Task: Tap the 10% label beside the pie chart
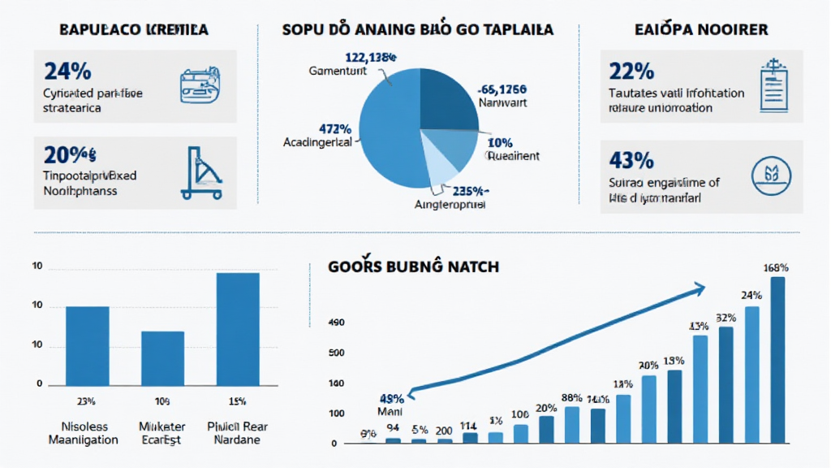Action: (502, 143)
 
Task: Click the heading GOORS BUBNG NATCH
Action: (414, 266)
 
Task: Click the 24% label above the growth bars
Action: (751, 295)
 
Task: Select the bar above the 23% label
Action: (87, 345)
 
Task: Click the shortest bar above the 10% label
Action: (162, 358)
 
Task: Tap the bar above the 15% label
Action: (238, 329)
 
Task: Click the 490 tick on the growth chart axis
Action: (336, 323)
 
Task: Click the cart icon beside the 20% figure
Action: (200, 172)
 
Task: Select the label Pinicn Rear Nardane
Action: (238, 433)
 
